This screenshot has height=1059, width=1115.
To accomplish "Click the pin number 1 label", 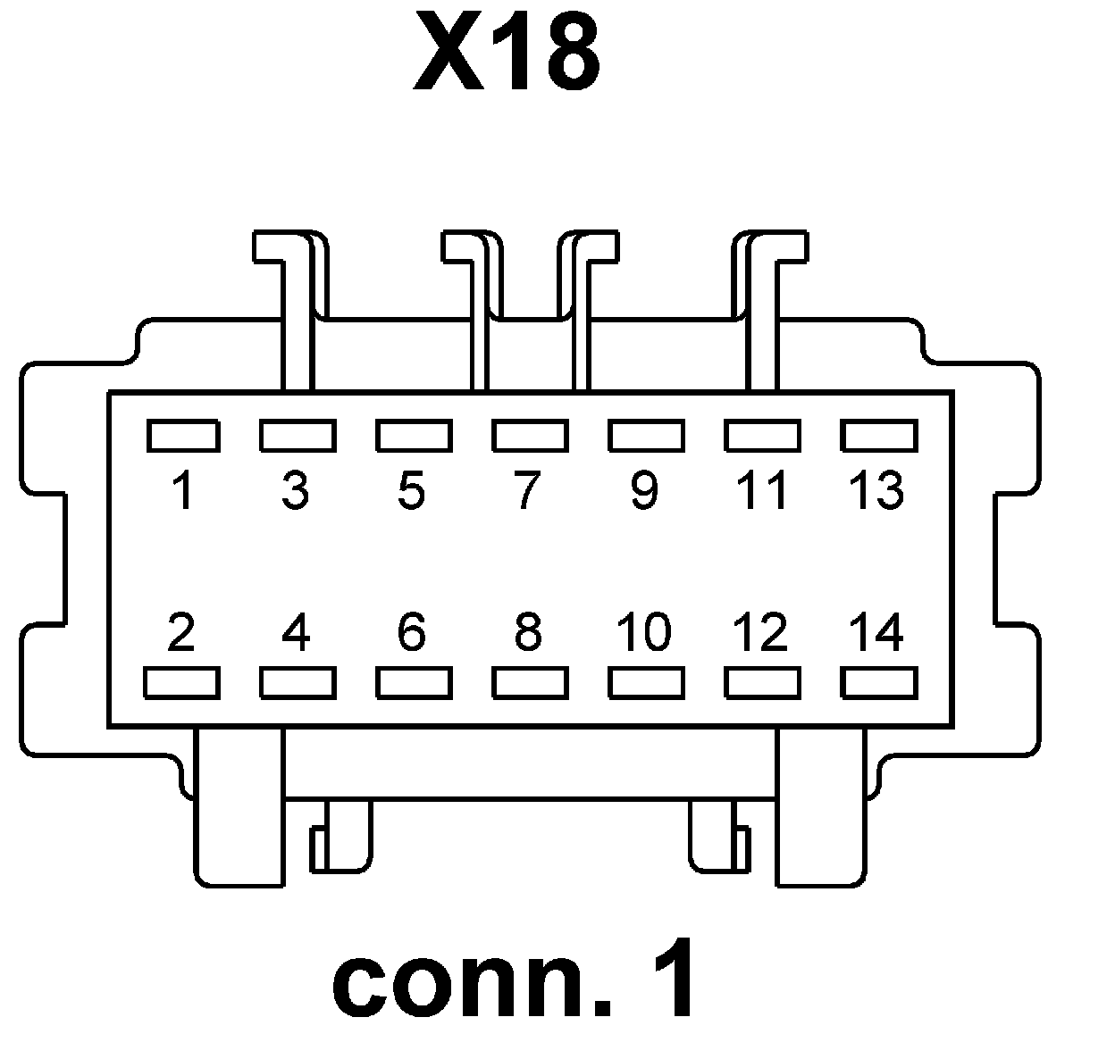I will point(183,490).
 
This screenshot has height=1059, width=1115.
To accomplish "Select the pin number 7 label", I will point(528,490).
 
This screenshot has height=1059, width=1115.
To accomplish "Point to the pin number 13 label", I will point(877,490).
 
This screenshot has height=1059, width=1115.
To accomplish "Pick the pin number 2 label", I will point(181,632).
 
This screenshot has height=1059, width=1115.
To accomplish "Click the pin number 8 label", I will point(528,632).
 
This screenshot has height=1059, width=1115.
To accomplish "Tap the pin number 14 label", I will point(877,632).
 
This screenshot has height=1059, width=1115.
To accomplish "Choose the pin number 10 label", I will point(644,632).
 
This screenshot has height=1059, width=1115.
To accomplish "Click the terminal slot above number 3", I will point(298,436).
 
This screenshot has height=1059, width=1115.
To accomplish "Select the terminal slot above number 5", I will point(414,436).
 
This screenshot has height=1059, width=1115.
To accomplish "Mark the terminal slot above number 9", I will point(646,436).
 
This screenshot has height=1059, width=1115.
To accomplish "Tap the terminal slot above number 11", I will point(762,436).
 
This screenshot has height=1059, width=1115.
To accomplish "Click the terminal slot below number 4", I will point(298,683).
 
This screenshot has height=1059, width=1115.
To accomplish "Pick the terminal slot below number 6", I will point(414,683).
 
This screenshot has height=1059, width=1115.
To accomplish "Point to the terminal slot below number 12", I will point(762,683).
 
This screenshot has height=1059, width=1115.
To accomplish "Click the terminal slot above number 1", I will point(182,436).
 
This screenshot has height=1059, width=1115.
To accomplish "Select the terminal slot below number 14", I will point(879,683).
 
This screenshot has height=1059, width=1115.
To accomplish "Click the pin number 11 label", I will point(762,490).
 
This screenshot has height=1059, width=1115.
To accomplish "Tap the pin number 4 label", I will point(296,632).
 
